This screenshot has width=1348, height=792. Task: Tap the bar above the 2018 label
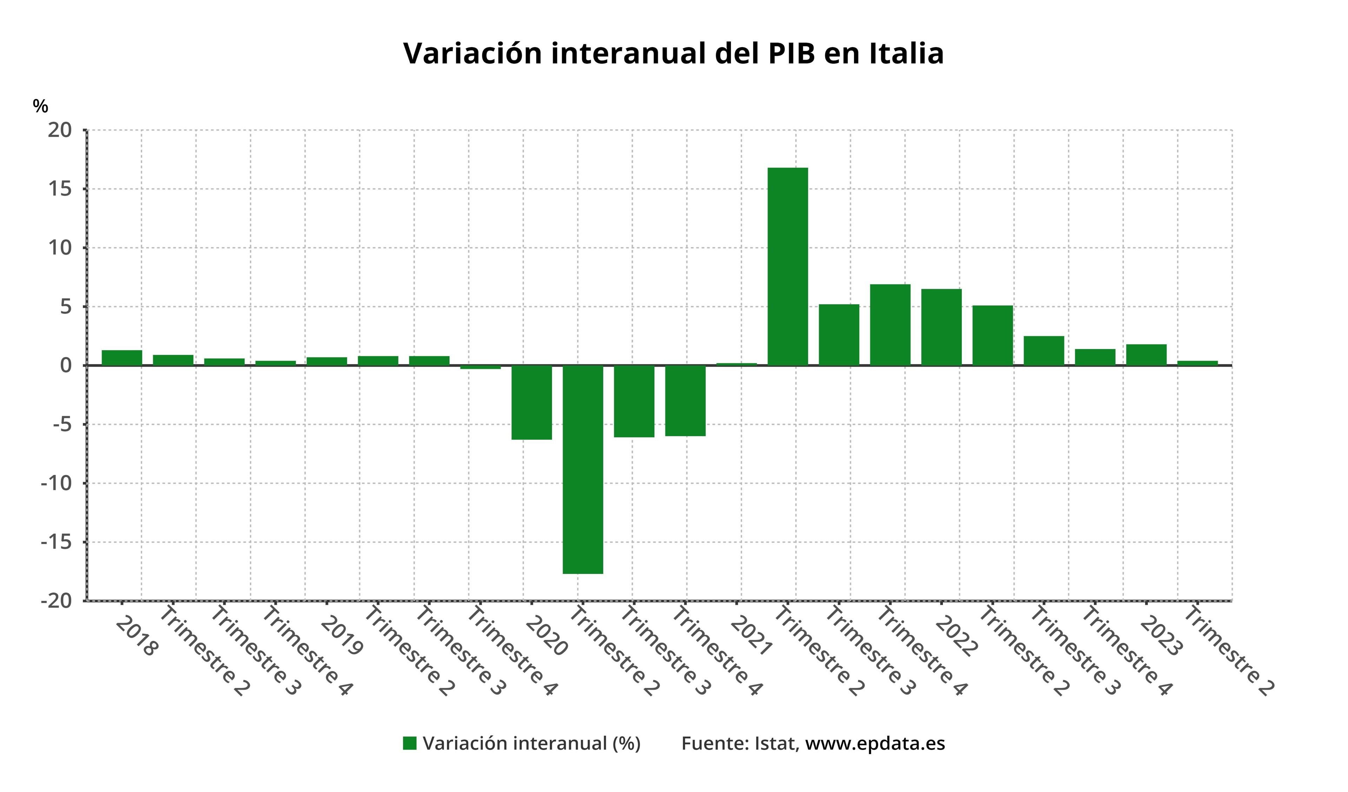[x=122, y=358]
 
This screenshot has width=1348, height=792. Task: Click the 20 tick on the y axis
[x=59, y=130]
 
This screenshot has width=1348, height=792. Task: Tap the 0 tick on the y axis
[x=65, y=366]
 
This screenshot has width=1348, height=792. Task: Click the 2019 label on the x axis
[x=342, y=636]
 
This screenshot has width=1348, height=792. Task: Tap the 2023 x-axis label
[x=1161, y=636]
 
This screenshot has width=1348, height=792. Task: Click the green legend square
[x=409, y=743]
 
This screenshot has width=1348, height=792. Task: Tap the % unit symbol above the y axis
[x=40, y=106]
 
